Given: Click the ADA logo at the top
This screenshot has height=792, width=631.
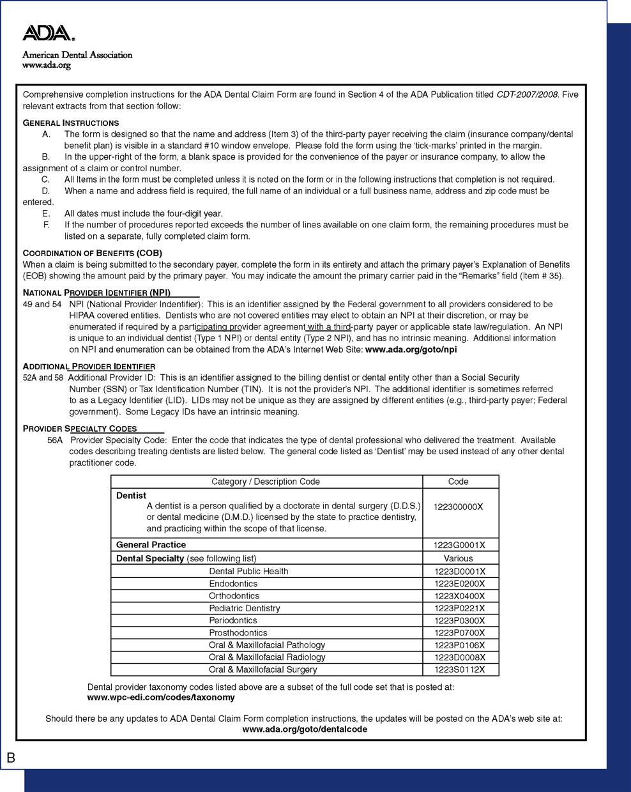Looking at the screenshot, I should [x=49, y=34].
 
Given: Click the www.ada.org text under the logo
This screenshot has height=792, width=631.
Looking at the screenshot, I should [x=46, y=65].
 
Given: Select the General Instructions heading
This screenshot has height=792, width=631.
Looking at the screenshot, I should [x=71, y=123].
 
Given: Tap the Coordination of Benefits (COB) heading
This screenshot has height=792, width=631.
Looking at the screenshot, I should [x=93, y=253].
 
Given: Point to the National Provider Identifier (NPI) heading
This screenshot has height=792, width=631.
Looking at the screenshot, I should [x=96, y=293].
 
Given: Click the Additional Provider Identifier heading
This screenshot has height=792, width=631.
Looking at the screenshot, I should [x=89, y=367].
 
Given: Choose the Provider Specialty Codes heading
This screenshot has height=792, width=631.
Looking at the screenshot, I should [x=80, y=429].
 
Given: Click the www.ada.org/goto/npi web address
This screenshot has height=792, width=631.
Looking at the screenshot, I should [x=411, y=349].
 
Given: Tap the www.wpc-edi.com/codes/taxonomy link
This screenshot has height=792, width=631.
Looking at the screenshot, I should [x=161, y=697].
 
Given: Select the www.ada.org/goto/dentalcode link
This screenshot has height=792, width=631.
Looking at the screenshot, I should [x=305, y=729].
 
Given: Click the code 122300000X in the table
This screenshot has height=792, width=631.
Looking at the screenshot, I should [x=458, y=507].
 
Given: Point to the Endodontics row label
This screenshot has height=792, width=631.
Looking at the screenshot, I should [x=233, y=584].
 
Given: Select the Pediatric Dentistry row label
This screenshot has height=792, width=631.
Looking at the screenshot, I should [x=244, y=608].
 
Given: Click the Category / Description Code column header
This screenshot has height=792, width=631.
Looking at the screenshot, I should [x=266, y=482].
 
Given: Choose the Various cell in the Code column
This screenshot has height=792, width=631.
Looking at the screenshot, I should [x=459, y=558].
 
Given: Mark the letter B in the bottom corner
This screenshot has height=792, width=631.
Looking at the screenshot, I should [x=11, y=758].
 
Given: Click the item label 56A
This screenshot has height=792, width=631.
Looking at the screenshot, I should [x=55, y=440].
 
